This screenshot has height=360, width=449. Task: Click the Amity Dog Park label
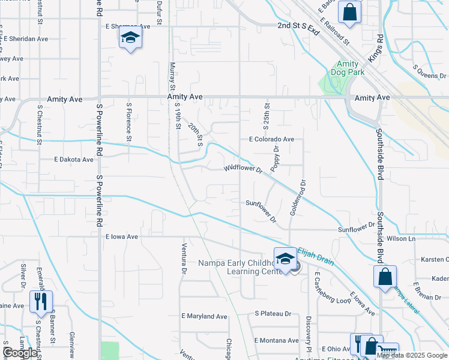347,68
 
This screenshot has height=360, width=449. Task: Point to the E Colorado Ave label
272,139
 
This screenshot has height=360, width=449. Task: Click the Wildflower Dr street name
244,169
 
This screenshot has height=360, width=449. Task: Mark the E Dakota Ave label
74,160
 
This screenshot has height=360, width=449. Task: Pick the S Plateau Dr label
273,313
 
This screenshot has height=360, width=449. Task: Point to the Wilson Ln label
402,238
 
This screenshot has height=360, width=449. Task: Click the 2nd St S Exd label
299,27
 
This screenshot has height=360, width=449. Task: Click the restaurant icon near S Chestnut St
41,301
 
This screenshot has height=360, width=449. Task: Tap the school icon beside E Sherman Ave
130,37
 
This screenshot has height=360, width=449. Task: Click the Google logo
20,353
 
